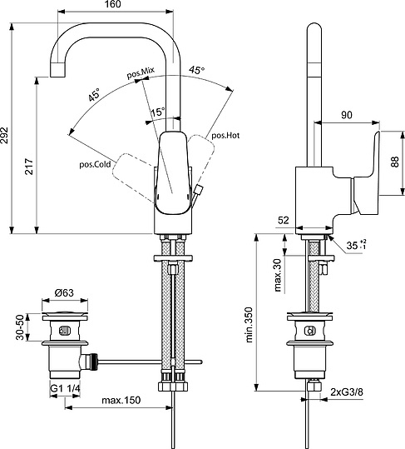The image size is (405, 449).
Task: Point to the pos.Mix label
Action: pyautogui.click(x=141, y=75)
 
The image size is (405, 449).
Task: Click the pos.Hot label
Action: pyautogui.click(x=225, y=134)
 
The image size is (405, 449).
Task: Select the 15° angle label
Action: pyautogui.click(x=156, y=111)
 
